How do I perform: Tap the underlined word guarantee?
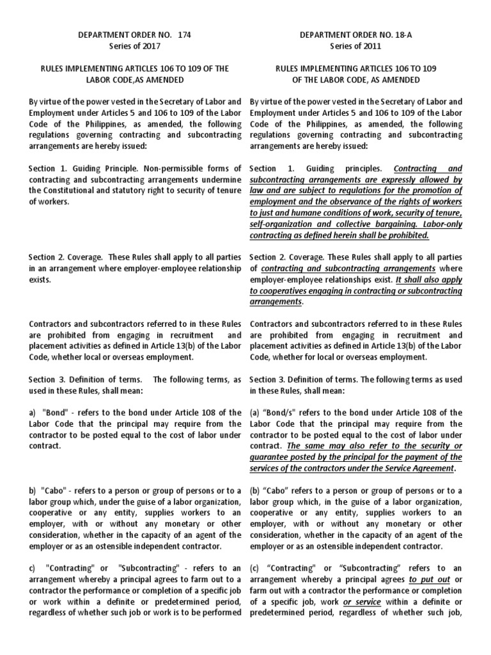pos(270,457)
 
